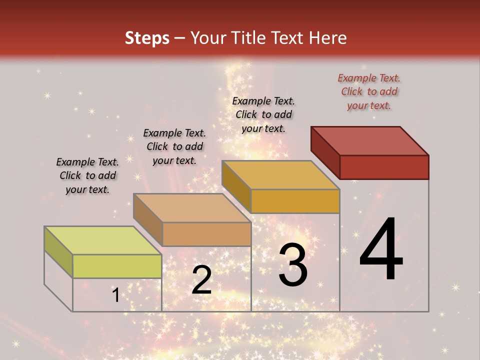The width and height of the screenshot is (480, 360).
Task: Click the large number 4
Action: pos(381,250)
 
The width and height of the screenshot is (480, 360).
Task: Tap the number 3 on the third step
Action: pos(293,265)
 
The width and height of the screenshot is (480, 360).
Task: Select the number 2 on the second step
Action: pos(201,280)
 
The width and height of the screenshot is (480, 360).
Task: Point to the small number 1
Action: pos(116,295)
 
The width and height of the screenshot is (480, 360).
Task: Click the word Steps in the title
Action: pos(147,38)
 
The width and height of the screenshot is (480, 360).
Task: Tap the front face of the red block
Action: pos(384,167)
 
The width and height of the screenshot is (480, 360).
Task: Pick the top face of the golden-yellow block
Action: pos(281,175)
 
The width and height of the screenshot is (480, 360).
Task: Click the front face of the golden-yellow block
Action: pos(295,201)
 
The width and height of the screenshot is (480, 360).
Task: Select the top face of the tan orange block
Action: pos(192,208)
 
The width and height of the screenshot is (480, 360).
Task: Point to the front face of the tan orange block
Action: pos(206,234)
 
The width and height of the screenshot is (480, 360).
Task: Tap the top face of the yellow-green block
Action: pos(103,240)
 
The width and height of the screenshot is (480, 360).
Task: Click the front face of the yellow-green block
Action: pos(117,266)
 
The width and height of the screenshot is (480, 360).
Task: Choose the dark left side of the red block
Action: pos(325,152)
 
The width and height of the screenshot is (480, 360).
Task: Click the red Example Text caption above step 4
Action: pos(369,92)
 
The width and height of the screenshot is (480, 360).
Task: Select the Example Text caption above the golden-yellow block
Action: pos(263,114)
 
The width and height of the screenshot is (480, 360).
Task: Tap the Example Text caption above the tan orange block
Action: pos(174,146)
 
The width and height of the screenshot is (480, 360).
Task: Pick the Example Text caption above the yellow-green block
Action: pos(87,175)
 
